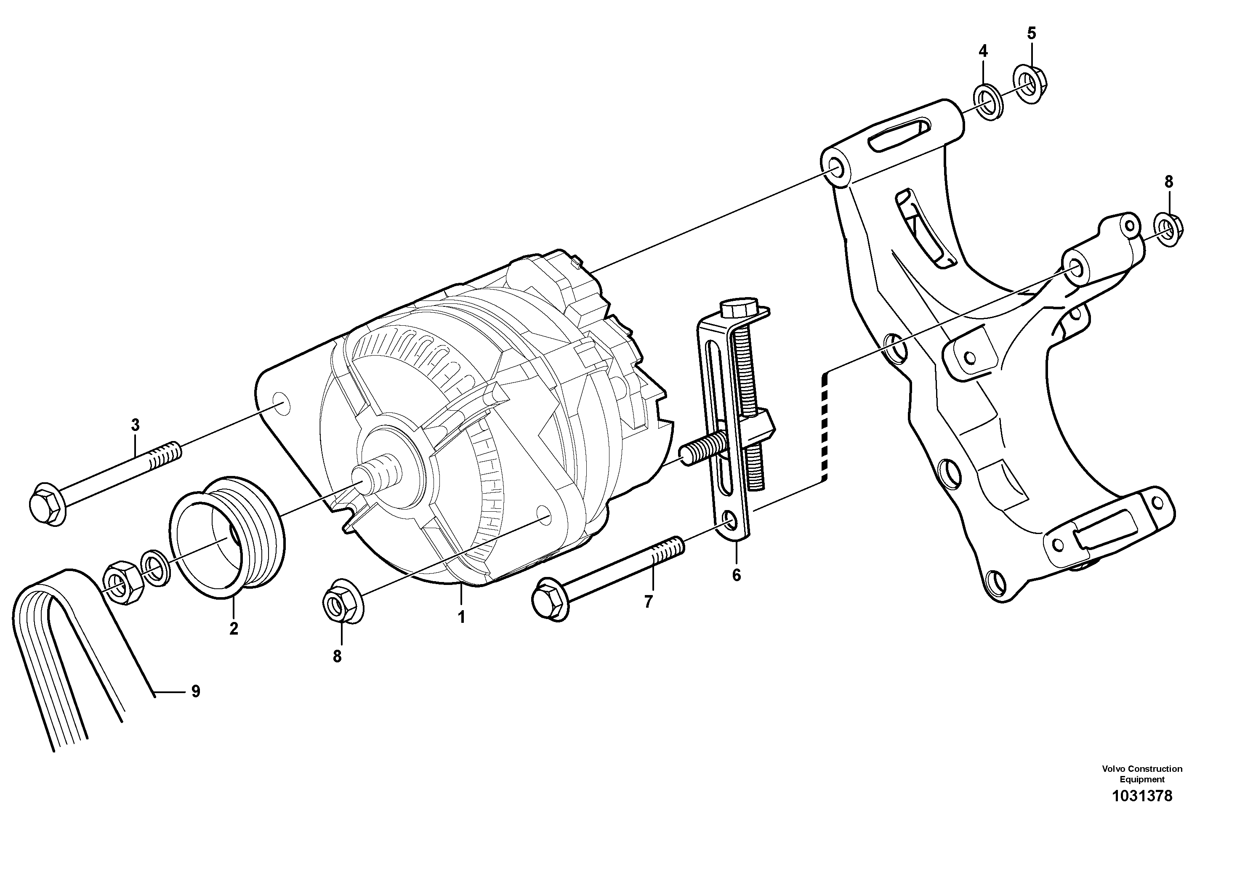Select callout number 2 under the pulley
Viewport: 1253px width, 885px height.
point(234,629)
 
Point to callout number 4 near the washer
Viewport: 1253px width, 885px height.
point(983,51)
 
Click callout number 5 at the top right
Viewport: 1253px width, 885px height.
point(1031,33)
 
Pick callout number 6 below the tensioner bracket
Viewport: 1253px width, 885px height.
point(736,575)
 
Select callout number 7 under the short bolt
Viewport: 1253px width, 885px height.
point(648,602)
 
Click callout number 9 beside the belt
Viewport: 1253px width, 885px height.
point(195,691)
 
